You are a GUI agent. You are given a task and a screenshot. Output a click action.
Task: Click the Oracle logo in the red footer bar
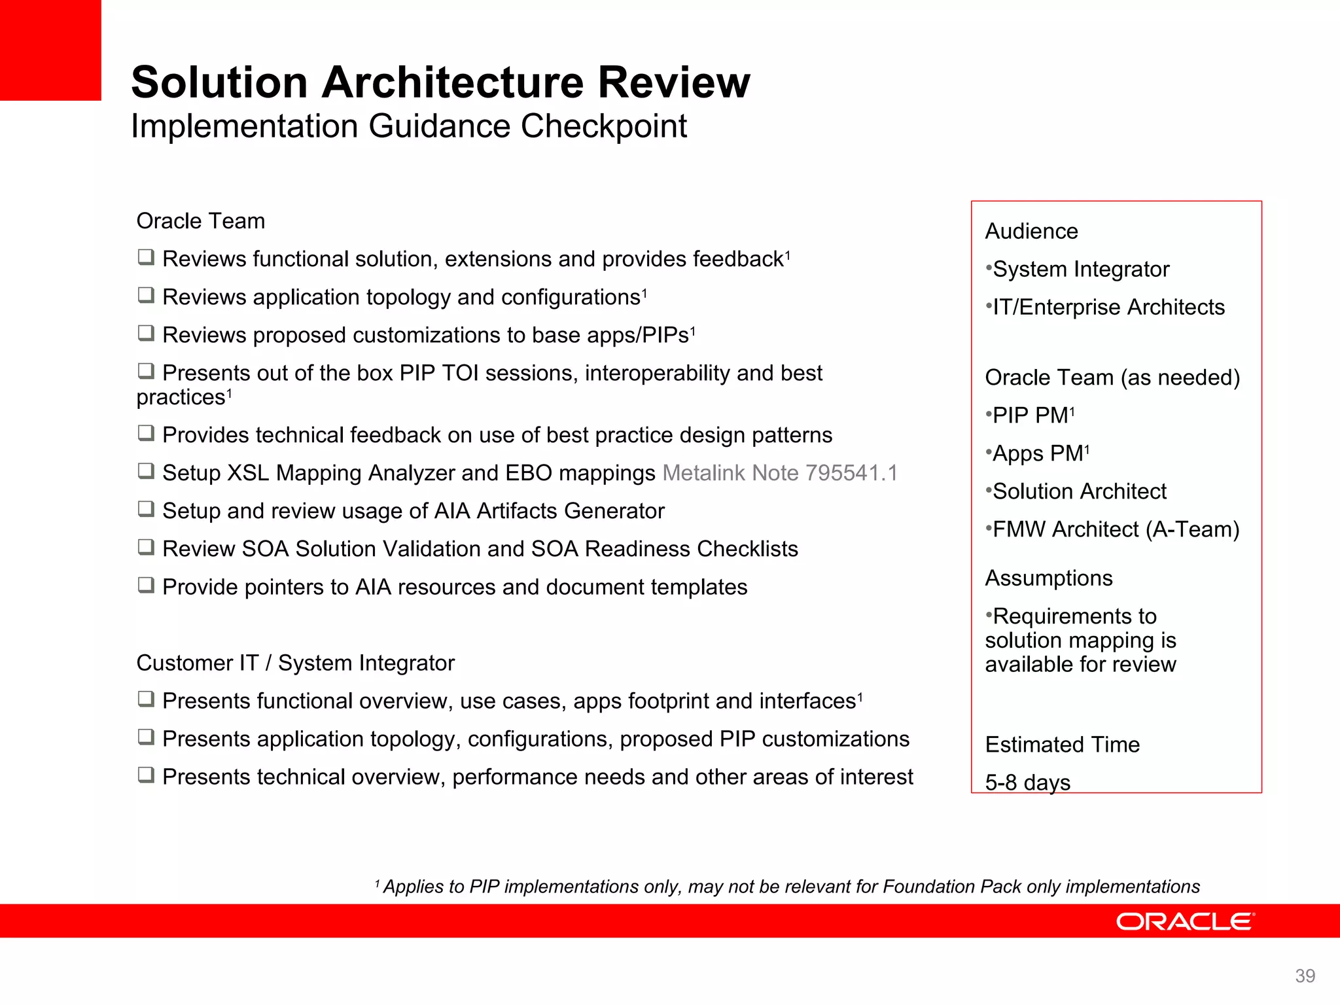pyautogui.click(x=1185, y=921)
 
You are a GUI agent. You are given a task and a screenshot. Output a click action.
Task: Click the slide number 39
pyautogui.click(x=1305, y=976)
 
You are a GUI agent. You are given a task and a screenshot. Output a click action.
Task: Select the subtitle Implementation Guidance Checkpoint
pyautogui.click(x=409, y=126)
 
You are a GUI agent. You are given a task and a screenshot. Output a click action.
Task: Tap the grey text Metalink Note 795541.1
pyautogui.click(x=780, y=472)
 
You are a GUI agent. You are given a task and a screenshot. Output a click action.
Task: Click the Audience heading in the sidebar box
pyautogui.click(x=1031, y=231)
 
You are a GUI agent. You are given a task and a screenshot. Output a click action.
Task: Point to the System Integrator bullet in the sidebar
pyautogui.click(x=1080, y=269)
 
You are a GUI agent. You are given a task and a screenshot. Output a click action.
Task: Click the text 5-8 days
pyautogui.click(x=1027, y=782)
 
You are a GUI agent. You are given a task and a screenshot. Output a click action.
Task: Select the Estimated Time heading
pyautogui.click(x=1062, y=744)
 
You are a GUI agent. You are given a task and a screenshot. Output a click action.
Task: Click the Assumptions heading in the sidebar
pyautogui.click(x=1048, y=578)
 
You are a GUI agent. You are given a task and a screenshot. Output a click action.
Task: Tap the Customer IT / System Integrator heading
pyautogui.click(x=295, y=663)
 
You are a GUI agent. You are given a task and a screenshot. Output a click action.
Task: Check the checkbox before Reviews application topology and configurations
pyautogui.click(x=146, y=295)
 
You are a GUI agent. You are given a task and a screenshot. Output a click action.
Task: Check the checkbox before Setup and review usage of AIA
pyautogui.click(x=146, y=509)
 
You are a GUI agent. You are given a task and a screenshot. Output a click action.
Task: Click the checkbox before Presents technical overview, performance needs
pyautogui.click(x=146, y=775)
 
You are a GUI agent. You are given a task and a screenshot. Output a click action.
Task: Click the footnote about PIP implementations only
pyautogui.click(x=788, y=887)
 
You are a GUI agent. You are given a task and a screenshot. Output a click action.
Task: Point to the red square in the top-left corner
pyautogui.click(x=50, y=50)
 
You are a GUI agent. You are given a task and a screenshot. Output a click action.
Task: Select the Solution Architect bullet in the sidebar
pyautogui.click(x=1079, y=491)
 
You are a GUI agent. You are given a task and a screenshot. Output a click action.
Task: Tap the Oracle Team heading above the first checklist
pyautogui.click(x=200, y=220)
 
